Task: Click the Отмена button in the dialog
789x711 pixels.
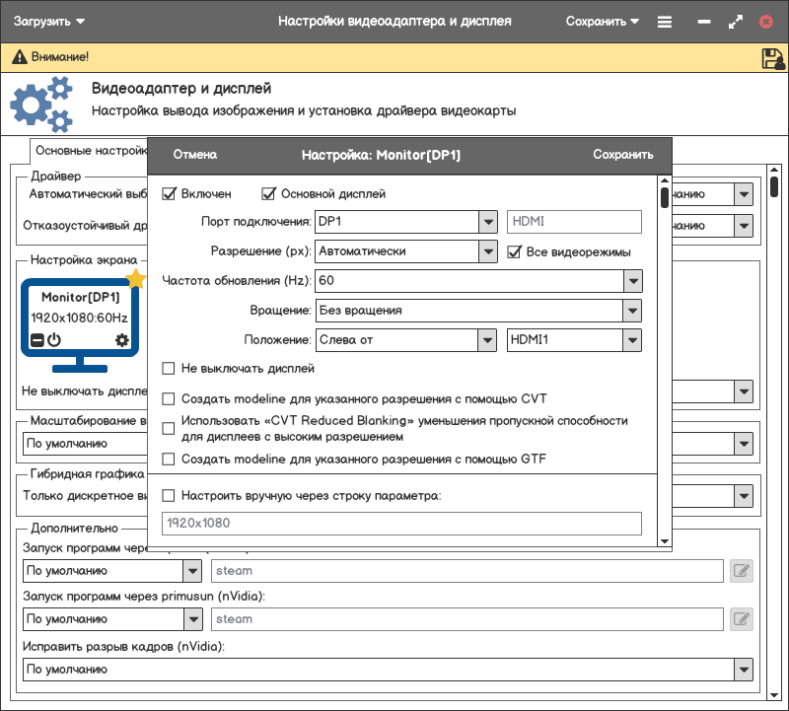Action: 194,155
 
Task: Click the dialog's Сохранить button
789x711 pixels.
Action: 622,155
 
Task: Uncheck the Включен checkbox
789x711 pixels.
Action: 169,194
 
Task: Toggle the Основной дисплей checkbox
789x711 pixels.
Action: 268,194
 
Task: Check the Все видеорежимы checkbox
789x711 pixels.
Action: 514,252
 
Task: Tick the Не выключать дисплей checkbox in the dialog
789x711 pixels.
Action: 169,369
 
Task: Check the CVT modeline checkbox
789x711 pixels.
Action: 169,399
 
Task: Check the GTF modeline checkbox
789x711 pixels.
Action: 169,460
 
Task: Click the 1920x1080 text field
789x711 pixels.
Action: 400,524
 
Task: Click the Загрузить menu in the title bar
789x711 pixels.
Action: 48,21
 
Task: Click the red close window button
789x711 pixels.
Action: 766,22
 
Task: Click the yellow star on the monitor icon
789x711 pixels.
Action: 136,279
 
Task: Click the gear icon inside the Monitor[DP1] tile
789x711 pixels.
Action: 122,340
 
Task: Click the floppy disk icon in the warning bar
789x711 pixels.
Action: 773,58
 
